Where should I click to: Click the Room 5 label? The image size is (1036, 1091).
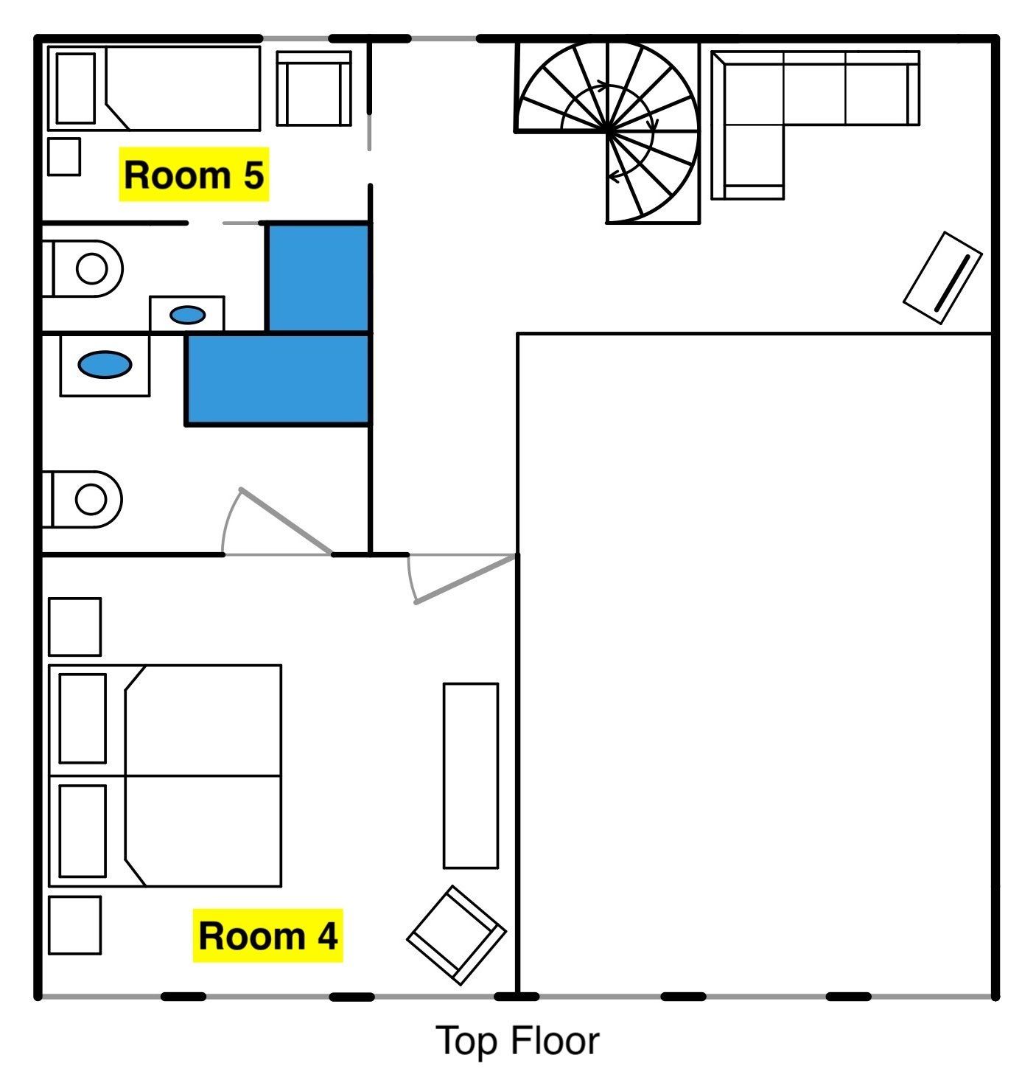point(194,174)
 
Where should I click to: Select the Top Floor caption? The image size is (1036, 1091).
point(517,1041)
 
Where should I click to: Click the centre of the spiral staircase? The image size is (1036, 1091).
point(608,131)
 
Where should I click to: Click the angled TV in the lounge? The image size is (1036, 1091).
point(942,277)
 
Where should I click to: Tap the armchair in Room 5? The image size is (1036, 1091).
point(314,88)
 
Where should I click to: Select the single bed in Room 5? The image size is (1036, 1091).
point(154,88)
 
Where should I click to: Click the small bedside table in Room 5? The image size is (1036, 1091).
point(64,156)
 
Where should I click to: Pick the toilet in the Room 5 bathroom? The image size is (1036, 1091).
point(83,268)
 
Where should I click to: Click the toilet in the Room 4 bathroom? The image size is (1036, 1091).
point(83,499)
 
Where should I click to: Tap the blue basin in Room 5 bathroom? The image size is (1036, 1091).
point(188,315)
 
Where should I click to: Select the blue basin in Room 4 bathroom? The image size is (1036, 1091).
point(105,365)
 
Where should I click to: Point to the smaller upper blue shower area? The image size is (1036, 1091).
point(318,277)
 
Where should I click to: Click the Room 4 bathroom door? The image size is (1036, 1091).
point(278,522)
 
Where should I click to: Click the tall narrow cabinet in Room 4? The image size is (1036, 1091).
point(471,775)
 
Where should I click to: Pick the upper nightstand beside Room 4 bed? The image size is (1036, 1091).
point(75,627)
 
